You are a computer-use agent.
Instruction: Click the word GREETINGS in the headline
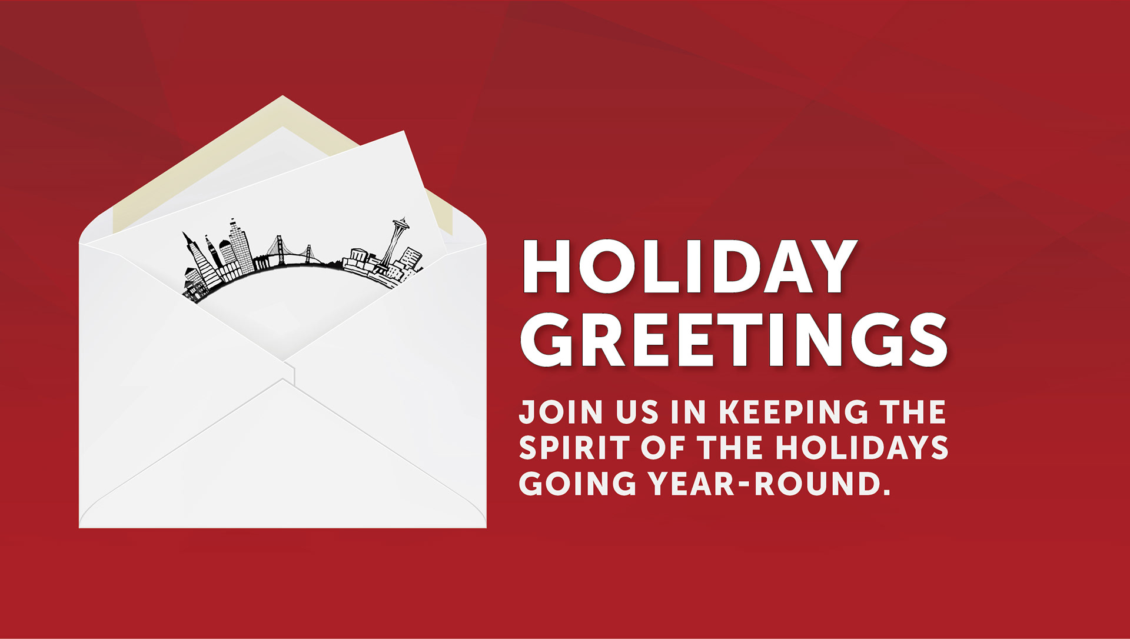coord(734,340)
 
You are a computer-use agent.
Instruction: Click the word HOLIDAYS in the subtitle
coord(862,448)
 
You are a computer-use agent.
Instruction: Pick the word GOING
coord(577,484)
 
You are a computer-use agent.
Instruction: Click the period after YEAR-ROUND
coord(886,492)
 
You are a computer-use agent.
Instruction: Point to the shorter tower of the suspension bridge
coord(307,254)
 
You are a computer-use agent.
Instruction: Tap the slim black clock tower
coord(211,251)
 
